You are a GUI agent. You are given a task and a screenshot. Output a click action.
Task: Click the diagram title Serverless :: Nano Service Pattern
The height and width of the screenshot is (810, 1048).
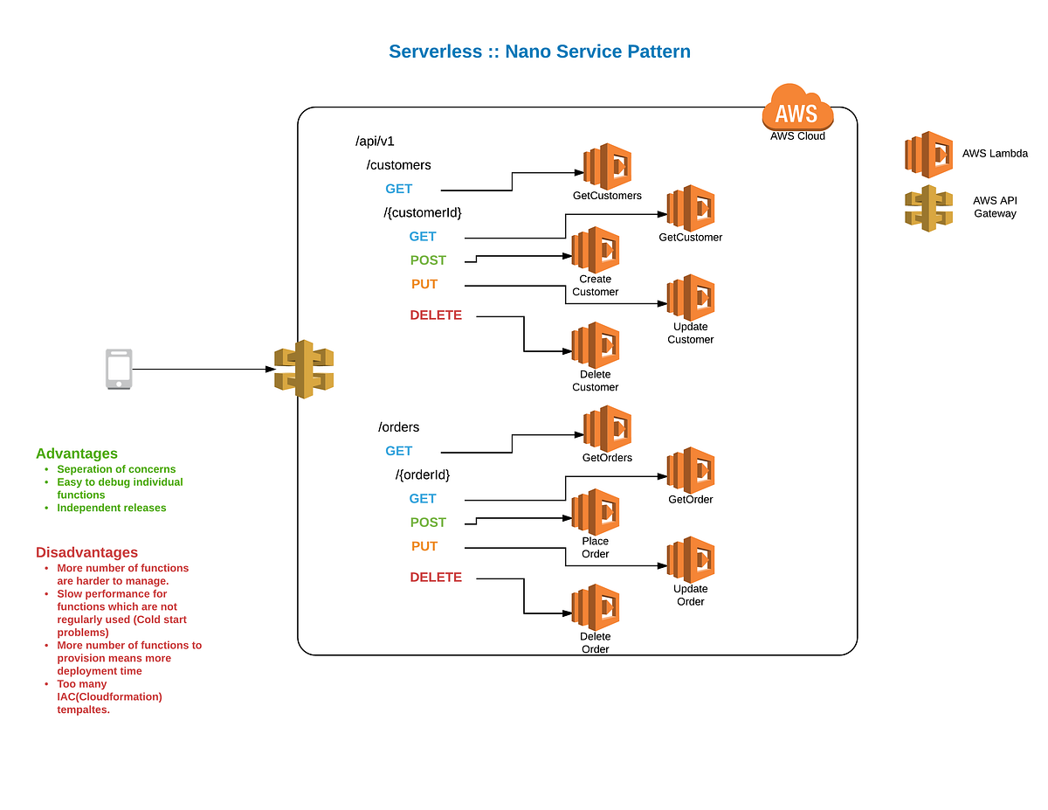(x=540, y=52)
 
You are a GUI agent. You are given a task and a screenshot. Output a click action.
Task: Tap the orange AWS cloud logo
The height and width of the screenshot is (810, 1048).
(x=796, y=108)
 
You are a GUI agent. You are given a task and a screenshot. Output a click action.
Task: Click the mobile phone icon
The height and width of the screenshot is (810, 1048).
(x=119, y=369)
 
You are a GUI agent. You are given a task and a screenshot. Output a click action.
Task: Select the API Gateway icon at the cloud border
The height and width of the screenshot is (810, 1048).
(x=304, y=369)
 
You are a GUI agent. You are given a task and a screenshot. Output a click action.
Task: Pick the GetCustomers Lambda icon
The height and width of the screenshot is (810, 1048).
(x=608, y=166)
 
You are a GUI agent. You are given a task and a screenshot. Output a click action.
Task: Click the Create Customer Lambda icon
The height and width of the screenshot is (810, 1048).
(x=596, y=250)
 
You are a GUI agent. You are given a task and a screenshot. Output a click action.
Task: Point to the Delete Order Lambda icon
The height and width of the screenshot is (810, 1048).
(x=596, y=607)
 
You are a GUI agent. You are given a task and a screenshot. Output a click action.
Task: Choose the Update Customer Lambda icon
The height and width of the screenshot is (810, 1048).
(x=691, y=298)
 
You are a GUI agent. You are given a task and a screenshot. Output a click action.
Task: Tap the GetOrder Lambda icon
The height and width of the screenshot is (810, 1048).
(x=691, y=470)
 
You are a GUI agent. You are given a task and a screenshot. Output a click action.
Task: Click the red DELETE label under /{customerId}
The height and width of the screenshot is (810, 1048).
(x=436, y=315)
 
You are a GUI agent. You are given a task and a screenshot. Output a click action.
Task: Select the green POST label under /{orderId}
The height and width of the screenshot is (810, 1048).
(x=428, y=523)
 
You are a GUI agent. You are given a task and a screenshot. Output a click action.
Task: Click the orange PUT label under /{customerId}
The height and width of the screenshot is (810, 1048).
(x=424, y=284)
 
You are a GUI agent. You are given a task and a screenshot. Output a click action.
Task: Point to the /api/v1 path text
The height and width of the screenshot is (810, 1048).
(x=375, y=141)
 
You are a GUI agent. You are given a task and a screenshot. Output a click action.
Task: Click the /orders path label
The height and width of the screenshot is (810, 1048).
(x=398, y=427)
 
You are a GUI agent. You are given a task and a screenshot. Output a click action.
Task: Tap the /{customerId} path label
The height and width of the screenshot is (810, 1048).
(x=423, y=212)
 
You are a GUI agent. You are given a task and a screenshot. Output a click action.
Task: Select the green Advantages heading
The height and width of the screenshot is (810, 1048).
(x=77, y=453)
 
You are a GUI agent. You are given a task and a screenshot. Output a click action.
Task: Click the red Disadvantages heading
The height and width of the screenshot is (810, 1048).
(x=86, y=552)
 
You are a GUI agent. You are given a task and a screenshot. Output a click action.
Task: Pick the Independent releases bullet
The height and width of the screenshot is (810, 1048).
(x=111, y=508)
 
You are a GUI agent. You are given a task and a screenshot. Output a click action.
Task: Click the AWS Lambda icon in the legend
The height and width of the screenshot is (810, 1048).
(x=928, y=155)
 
